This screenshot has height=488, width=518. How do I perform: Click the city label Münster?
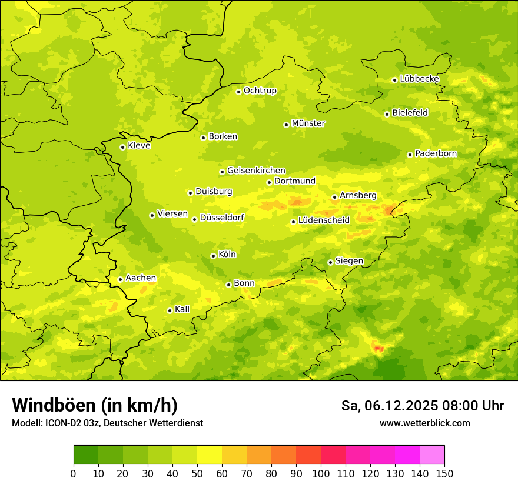tap(308, 123)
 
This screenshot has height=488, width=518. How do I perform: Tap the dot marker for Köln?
tap(213, 256)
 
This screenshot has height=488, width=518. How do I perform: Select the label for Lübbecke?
tap(419, 79)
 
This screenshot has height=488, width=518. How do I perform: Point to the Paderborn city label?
tap(436, 153)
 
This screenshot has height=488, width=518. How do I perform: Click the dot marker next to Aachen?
tap(120, 279)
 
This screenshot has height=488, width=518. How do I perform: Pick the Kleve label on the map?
tap(139, 146)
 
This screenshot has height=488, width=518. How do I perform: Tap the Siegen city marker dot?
tap(330, 262)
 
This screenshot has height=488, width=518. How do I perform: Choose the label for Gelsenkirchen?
tap(256, 171)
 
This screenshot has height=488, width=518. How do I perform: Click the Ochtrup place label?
tap(260, 91)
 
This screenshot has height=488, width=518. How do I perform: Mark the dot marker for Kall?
tap(170, 310)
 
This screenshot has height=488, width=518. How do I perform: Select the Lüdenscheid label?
tap(324, 220)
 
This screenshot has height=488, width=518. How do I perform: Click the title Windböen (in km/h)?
tap(95, 405)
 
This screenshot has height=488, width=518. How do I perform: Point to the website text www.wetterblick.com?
tap(424, 423)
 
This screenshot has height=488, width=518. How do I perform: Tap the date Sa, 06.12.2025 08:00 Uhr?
tap(422, 406)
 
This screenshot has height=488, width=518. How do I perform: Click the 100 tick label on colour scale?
tap(321, 473)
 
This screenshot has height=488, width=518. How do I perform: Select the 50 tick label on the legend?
tap(197, 473)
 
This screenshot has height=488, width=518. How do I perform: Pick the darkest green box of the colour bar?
tap(86, 454)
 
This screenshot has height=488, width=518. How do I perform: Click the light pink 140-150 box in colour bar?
tap(432, 454)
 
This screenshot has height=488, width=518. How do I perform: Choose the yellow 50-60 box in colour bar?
tap(210, 454)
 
